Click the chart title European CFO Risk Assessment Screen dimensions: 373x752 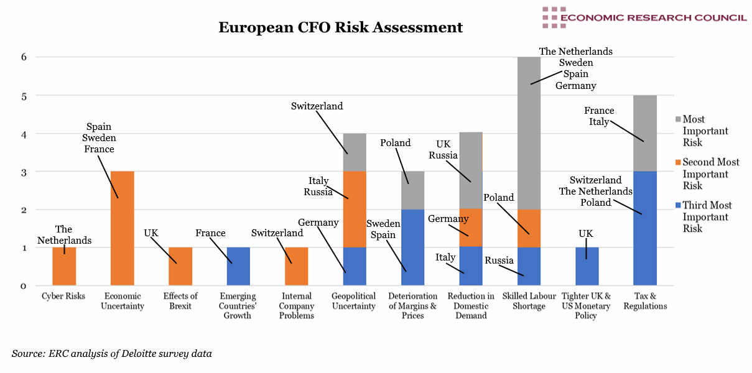tap(340, 28)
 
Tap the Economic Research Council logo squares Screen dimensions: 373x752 tap(550, 17)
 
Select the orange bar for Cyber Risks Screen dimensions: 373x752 tap(64, 267)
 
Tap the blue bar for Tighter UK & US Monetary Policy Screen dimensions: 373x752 tap(587, 267)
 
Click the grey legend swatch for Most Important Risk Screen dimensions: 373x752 tap(677, 119)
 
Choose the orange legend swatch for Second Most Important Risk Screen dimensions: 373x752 tap(677, 162)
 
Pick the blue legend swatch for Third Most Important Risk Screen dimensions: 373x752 tap(677, 206)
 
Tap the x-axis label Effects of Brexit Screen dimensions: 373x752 tap(180, 301)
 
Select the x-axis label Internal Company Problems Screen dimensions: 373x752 tap(296, 306)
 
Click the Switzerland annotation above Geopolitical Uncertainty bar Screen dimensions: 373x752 tap(317, 106)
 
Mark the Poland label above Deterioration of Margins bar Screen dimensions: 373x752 tap(395, 143)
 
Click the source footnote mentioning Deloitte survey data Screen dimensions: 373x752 tap(111, 354)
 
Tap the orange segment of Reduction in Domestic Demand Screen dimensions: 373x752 tap(470, 228)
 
